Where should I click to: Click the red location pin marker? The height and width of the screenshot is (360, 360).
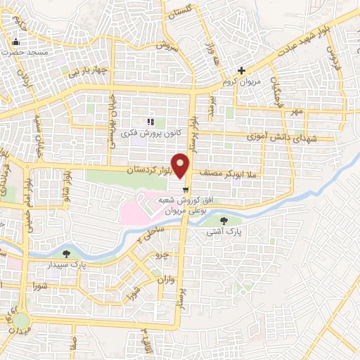pyautogui.click(x=182, y=166)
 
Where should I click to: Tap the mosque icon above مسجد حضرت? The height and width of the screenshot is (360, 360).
pyautogui.click(x=15, y=41)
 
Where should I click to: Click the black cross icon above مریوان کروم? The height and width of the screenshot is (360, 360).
pyautogui.click(x=241, y=70)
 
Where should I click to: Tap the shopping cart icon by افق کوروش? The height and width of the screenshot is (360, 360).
pyautogui.click(x=185, y=188)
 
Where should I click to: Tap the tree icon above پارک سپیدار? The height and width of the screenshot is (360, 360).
pyautogui.click(x=67, y=254)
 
